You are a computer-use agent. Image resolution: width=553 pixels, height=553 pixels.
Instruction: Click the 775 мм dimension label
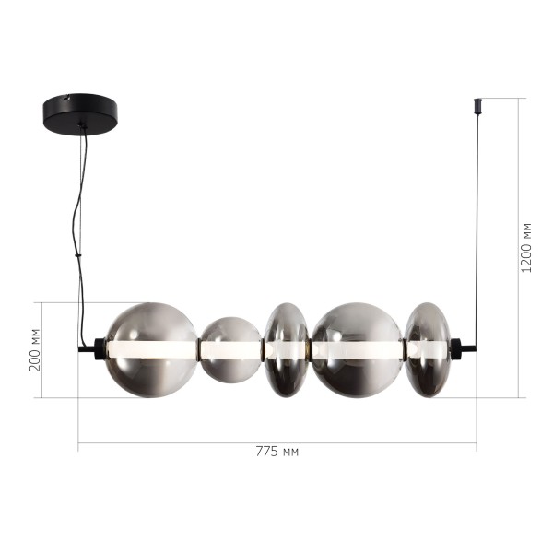tap(276, 452)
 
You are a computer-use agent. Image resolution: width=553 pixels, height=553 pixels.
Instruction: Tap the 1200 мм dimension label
tap(526, 247)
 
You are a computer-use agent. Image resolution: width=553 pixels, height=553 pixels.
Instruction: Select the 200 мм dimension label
tap(35, 349)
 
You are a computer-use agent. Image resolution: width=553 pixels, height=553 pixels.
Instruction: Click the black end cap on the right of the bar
tap(454, 349)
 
